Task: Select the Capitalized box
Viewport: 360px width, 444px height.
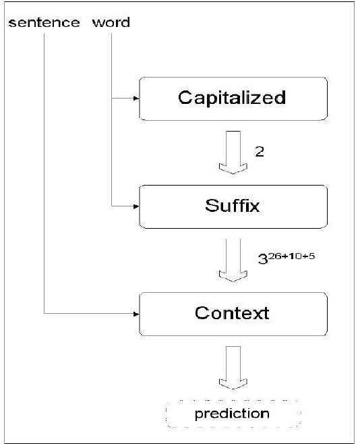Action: [x=232, y=99]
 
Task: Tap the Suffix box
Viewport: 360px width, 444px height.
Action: [x=232, y=206]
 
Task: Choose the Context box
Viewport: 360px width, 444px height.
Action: [x=232, y=314]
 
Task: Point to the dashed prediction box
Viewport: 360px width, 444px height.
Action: [x=232, y=413]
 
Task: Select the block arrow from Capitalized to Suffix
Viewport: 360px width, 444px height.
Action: [x=232, y=152]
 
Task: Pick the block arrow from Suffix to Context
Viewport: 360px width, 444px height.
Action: [x=232, y=260]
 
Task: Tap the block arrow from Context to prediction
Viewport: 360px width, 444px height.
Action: [x=232, y=368]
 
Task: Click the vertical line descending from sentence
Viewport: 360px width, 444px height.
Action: [x=44, y=169]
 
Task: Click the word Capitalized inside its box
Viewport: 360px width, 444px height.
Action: [x=232, y=99]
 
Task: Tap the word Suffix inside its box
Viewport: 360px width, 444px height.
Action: [x=232, y=206]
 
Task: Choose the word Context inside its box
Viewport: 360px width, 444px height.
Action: [x=232, y=314]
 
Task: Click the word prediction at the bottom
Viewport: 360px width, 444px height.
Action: [x=232, y=413]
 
